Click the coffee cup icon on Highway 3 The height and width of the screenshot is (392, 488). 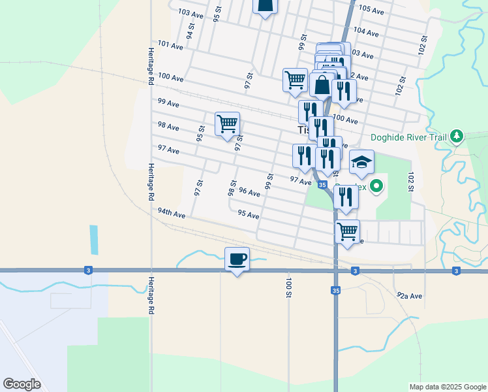pos(237,259)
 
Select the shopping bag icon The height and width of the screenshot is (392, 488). pos(322,84)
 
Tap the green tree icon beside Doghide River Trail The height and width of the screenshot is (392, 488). pos(458,137)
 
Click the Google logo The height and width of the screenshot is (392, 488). pos(22,384)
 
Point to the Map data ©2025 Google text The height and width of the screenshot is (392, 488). pos(447,387)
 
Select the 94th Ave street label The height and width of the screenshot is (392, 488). pos(172,213)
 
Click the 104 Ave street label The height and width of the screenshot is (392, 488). pos(366,31)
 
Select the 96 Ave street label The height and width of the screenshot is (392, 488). pos(249,191)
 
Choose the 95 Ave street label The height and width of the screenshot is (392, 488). pos(249,214)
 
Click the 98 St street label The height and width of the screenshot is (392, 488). pos(232,188)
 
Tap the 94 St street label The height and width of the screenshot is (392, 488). pos(191,31)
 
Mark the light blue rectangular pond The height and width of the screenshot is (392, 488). pos(93,240)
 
